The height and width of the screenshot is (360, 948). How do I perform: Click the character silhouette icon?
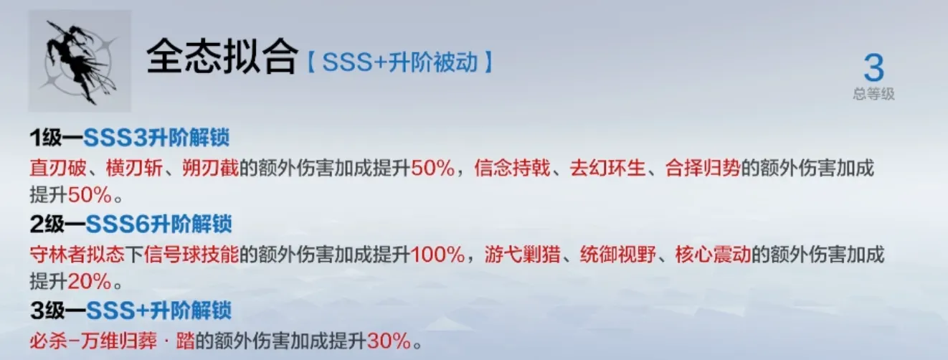coord(80,61)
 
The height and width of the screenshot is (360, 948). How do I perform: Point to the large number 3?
coord(874,70)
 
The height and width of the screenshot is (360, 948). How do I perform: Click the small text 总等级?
coord(874,95)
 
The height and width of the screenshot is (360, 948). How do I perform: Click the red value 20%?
coord(89,280)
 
